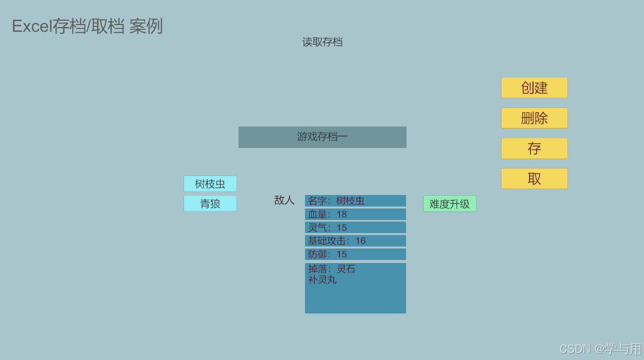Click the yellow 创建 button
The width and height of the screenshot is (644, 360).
[x=534, y=87]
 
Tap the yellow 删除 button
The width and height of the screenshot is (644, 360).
[x=534, y=118]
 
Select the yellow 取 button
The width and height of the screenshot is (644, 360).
[x=534, y=178]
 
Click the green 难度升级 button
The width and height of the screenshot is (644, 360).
[x=449, y=204]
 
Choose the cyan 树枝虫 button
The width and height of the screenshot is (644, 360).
[x=210, y=183]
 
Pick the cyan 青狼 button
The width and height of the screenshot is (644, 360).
[x=210, y=203]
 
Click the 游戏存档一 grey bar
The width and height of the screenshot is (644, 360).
[x=322, y=137]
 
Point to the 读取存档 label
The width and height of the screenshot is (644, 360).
[x=322, y=42]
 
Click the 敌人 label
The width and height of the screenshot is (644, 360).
[x=284, y=200]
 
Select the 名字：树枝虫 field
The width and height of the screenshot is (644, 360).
[x=355, y=201]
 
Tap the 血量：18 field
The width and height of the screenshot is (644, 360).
[x=355, y=214]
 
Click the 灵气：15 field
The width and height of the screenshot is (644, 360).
[x=355, y=227]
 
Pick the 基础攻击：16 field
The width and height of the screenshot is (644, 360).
[x=355, y=241]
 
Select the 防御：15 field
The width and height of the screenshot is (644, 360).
[x=355, y=254]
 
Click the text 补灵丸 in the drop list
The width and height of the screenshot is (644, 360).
[x=322, y=280]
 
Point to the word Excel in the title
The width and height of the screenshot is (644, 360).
[x=32, y=26]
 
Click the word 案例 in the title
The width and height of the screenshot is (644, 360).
[x=146, y=26]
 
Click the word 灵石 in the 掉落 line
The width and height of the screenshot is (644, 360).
[x=346, y=269]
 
